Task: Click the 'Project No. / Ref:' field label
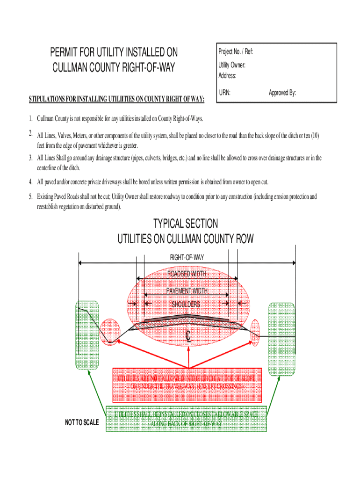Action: click(236, 51)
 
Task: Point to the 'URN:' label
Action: click(224, 93)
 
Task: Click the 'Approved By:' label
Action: click(282, 93)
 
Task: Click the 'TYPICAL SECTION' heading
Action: click(185, 224)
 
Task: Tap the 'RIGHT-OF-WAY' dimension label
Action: click(187, 257)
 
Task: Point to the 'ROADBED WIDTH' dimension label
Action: click(187, 274)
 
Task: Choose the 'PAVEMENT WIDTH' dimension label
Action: click(187, 291)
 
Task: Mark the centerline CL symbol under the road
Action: click(188, 336)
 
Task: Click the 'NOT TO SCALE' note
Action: click(82, 423)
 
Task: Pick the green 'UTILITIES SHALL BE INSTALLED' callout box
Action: click(186, 419)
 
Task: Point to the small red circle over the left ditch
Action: click(110, 332)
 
